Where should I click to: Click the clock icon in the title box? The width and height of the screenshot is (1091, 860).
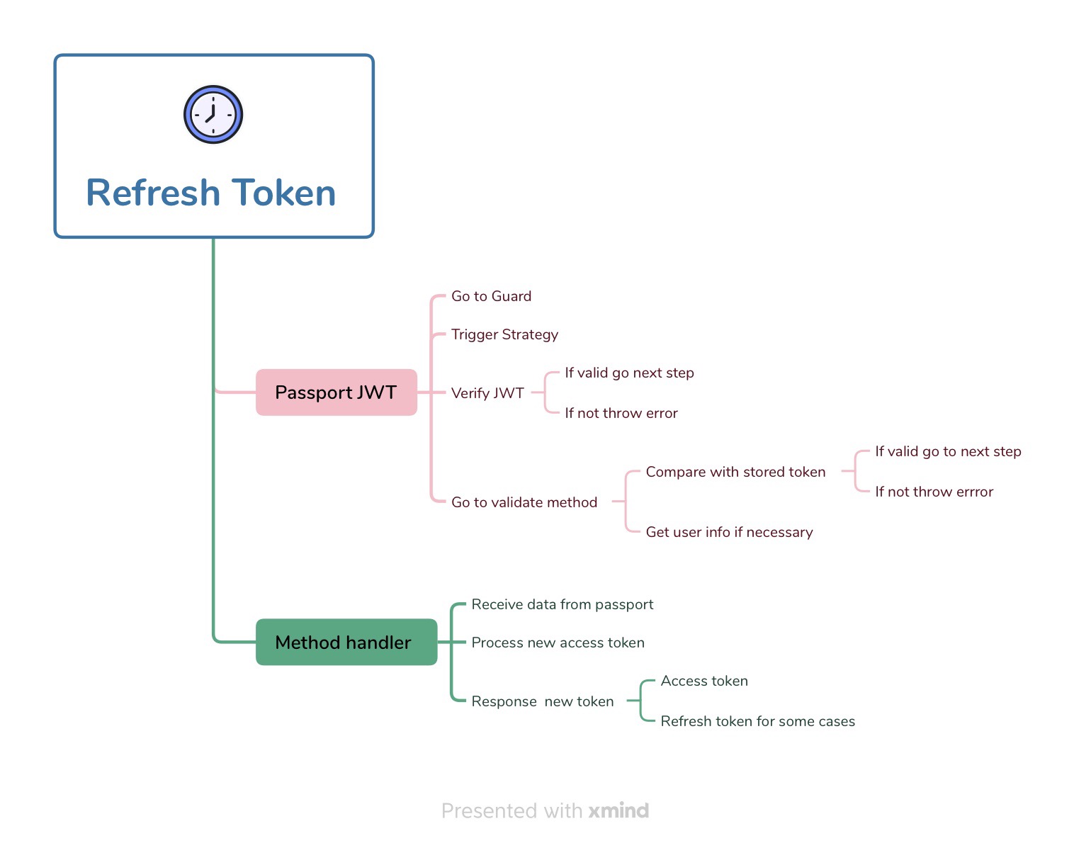coord(213,115)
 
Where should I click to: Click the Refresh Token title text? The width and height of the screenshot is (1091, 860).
coord(211,193)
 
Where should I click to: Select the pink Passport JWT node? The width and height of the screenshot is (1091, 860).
coord(336,392)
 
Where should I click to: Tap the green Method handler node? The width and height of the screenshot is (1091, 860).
coord(346,643)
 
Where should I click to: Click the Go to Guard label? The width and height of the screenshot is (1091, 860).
coord(491,296)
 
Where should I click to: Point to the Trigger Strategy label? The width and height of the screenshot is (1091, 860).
coord(504,334)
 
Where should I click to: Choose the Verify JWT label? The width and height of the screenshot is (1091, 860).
coord(487,393)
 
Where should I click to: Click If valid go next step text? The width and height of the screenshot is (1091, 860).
coord(629,373)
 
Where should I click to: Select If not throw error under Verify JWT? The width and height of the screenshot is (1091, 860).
coord(621,413)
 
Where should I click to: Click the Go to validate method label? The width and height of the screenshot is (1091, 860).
coord(524,502)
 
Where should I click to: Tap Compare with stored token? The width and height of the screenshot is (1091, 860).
coord(735,472)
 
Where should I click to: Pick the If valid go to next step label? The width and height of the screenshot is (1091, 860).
coord(948,451)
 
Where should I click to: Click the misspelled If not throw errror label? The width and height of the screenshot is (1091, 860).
coord(934,492)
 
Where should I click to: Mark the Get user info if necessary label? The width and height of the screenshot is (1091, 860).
coord(729,532)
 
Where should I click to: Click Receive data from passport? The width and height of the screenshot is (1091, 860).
coord(562,604)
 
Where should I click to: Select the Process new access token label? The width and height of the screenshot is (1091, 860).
coord(558,643)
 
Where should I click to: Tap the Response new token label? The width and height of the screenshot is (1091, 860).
coord(543,701)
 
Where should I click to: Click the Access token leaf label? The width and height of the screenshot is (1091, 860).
coord(704,681)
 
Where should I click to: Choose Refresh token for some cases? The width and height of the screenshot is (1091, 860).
coord(757,721)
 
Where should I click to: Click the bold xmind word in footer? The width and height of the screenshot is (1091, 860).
coord(618,810)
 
